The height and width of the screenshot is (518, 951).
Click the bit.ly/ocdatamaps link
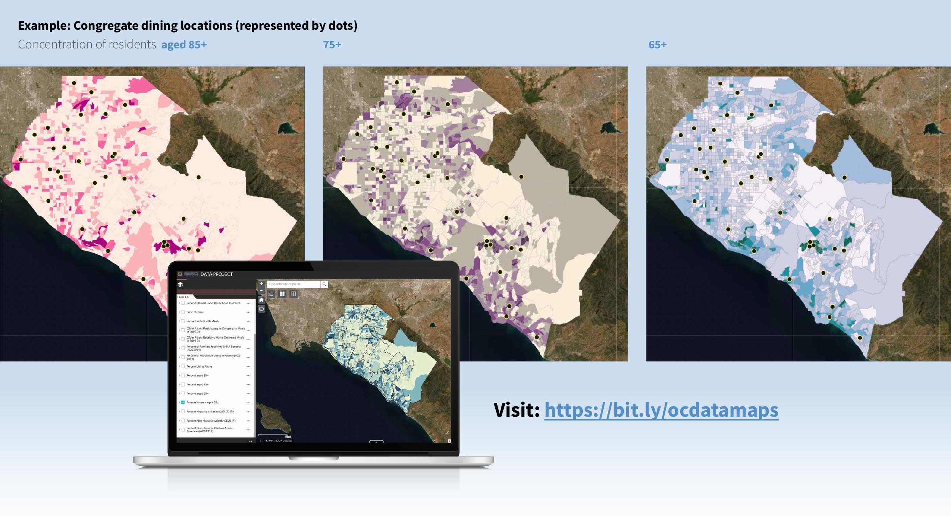tap(661, 410)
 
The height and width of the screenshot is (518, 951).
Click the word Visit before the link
tap(516, 410)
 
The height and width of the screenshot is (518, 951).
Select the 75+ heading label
tap(332, 45)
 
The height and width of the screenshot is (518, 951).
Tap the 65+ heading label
tap(657, 45)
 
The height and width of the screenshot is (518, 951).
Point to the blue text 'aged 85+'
tap(184, 45)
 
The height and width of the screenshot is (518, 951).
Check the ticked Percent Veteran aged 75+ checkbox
tap(183, 403)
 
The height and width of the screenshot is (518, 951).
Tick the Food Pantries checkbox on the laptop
tap(183, 312)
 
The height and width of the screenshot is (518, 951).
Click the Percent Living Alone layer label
tap(199, 366)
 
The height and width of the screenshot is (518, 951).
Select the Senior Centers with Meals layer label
tap(202, 321)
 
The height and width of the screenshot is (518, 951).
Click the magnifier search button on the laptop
tap(324, 284)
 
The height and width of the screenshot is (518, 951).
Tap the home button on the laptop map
tap(261, 300)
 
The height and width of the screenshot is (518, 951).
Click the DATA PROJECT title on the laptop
tap(216, 274)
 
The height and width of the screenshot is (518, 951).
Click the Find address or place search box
tap(293, 284)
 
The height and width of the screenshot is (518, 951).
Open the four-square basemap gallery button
tap(282, 294)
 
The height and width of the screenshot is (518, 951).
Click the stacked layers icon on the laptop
tap(180, 285)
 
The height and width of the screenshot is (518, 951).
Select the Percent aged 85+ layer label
tap(197, 376)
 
